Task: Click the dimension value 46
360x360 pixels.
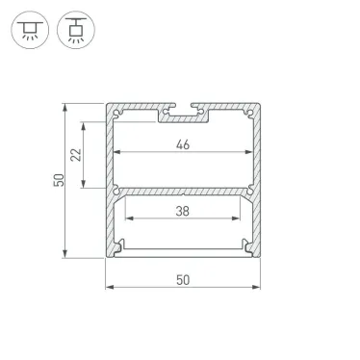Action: click(183, 146)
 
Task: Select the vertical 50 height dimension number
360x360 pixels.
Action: click(58, 180)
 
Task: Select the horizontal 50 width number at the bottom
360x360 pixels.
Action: click(183, 279)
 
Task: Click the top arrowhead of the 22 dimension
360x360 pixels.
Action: click(87, 124)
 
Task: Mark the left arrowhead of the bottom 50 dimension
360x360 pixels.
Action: click(109, 287)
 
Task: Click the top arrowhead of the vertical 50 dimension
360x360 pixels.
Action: click(66, 105)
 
